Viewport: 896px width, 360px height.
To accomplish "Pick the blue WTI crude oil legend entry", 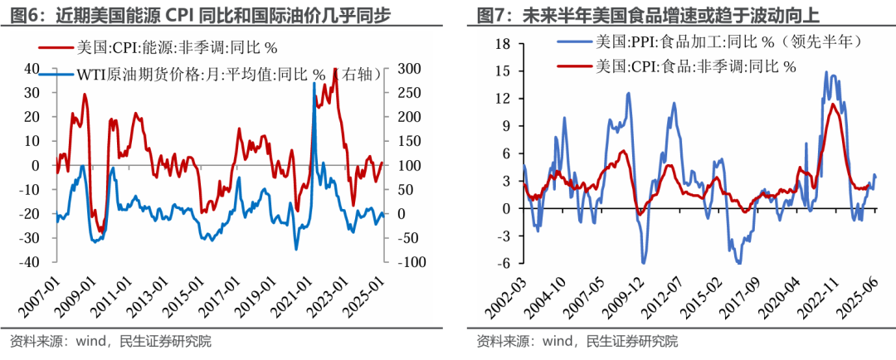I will (x=228, y=74).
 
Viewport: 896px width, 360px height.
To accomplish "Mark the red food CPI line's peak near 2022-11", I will (x=832, y=104).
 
